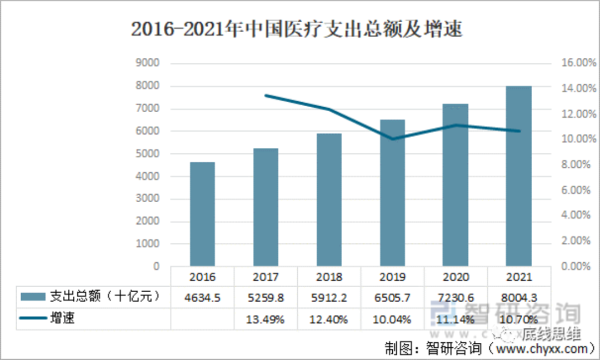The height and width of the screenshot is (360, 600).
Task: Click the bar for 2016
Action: click(202, 214)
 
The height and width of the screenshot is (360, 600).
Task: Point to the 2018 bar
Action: click(329, 200)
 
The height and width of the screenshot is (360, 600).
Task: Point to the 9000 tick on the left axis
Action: click(148, 63)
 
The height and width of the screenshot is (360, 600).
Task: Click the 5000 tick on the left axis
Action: click(148, 154)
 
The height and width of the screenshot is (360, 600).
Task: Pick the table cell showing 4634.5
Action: click(202, 298)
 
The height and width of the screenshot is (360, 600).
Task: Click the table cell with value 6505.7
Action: click(392, 298)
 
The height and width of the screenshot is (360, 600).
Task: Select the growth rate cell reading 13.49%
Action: click(266, 319)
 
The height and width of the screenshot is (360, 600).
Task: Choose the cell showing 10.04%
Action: click(392, 319)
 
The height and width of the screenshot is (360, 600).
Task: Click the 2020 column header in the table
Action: click(456, 277)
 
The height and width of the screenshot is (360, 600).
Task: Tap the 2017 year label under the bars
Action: click(266, 277)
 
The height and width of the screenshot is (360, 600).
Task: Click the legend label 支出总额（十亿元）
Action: click(106, 297)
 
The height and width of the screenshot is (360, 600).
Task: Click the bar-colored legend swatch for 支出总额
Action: click(33, 297)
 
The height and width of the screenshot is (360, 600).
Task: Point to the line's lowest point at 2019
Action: click(392, 139)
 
